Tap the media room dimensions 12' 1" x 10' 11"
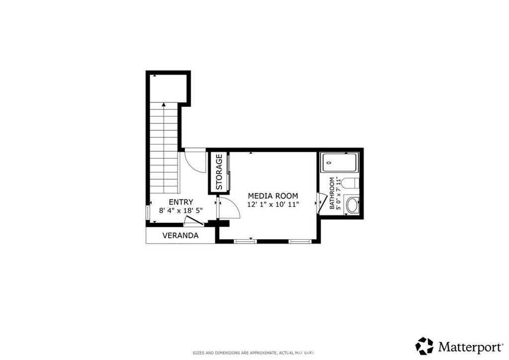click(x=273, y=204)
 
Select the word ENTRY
click(x=180, y=202)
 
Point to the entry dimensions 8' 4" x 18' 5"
click(x=180, y=210)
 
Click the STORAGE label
click(x=219, y=172)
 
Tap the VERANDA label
click(x=180, y=236)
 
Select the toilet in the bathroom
click(x=350, y=183)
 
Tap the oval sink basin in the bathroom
click(x=352, y=205)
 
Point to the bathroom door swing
click(x=322, y=203)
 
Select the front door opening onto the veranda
click(x=193, y=221)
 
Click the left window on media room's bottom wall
click(x=246, y=241)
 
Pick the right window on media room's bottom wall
click(x=300, y=241)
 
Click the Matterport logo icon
click(x=424, y=345)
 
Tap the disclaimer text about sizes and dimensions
click(x=254, y=353)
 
